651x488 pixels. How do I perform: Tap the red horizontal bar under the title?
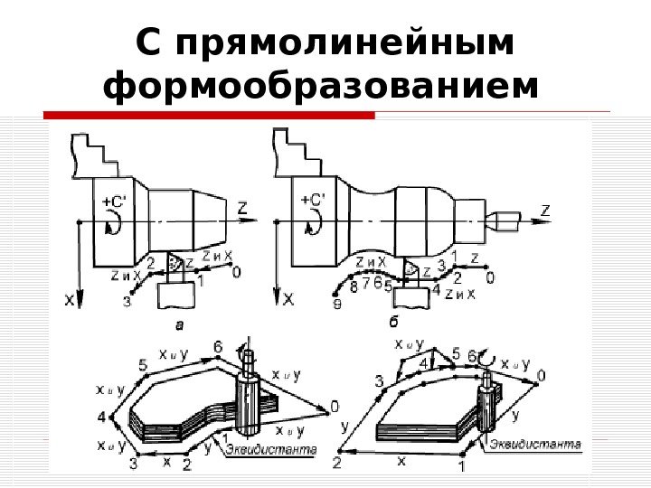click(209, 116)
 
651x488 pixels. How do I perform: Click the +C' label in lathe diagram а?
click(115, 202)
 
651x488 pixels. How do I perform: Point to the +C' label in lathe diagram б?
click(314, 201)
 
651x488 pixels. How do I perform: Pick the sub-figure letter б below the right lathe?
click(393, 321)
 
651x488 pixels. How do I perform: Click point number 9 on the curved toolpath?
click(336, 305)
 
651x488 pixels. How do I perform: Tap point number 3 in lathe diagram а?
click(127, 303)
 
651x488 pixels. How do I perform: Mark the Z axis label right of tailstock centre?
click(544, 210)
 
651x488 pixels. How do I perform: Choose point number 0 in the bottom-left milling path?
click(335, 406)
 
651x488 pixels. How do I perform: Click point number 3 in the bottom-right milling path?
click(379, 380)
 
